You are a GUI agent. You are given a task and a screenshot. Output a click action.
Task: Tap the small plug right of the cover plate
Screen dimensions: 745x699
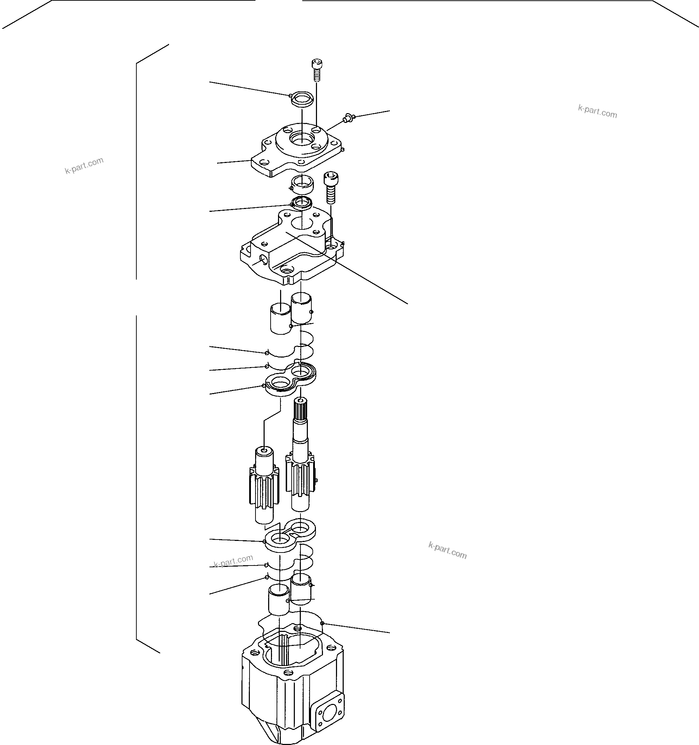tap(348, 119)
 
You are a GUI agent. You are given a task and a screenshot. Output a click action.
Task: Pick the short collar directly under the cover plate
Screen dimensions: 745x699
tap(302, 184)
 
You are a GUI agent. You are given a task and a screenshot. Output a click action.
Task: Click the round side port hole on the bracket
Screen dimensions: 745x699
tap(263, 259)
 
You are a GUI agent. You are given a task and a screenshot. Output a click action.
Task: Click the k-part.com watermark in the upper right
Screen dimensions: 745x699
tap(597, 112)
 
